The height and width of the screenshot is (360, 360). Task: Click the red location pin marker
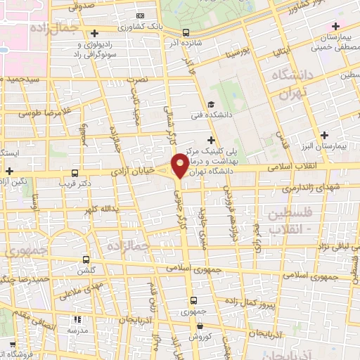(x=180, y=165)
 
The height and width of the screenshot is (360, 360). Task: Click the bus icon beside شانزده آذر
(x=186, y=32)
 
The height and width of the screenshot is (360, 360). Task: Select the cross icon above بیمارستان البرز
(x=324, y=135)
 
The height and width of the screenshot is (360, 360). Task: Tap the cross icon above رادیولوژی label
(x=95, y=33)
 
